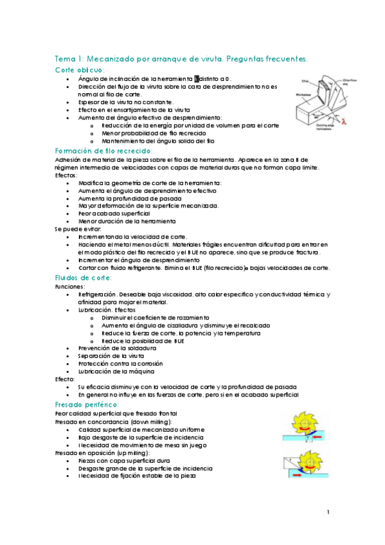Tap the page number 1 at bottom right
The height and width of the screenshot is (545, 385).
[x=328, y=512]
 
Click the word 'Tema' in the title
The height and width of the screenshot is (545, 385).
[x=66, y=58]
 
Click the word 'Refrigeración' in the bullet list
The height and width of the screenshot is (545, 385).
[x=94, y=294]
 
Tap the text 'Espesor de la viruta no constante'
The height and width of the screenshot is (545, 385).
[x=125, y=102]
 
